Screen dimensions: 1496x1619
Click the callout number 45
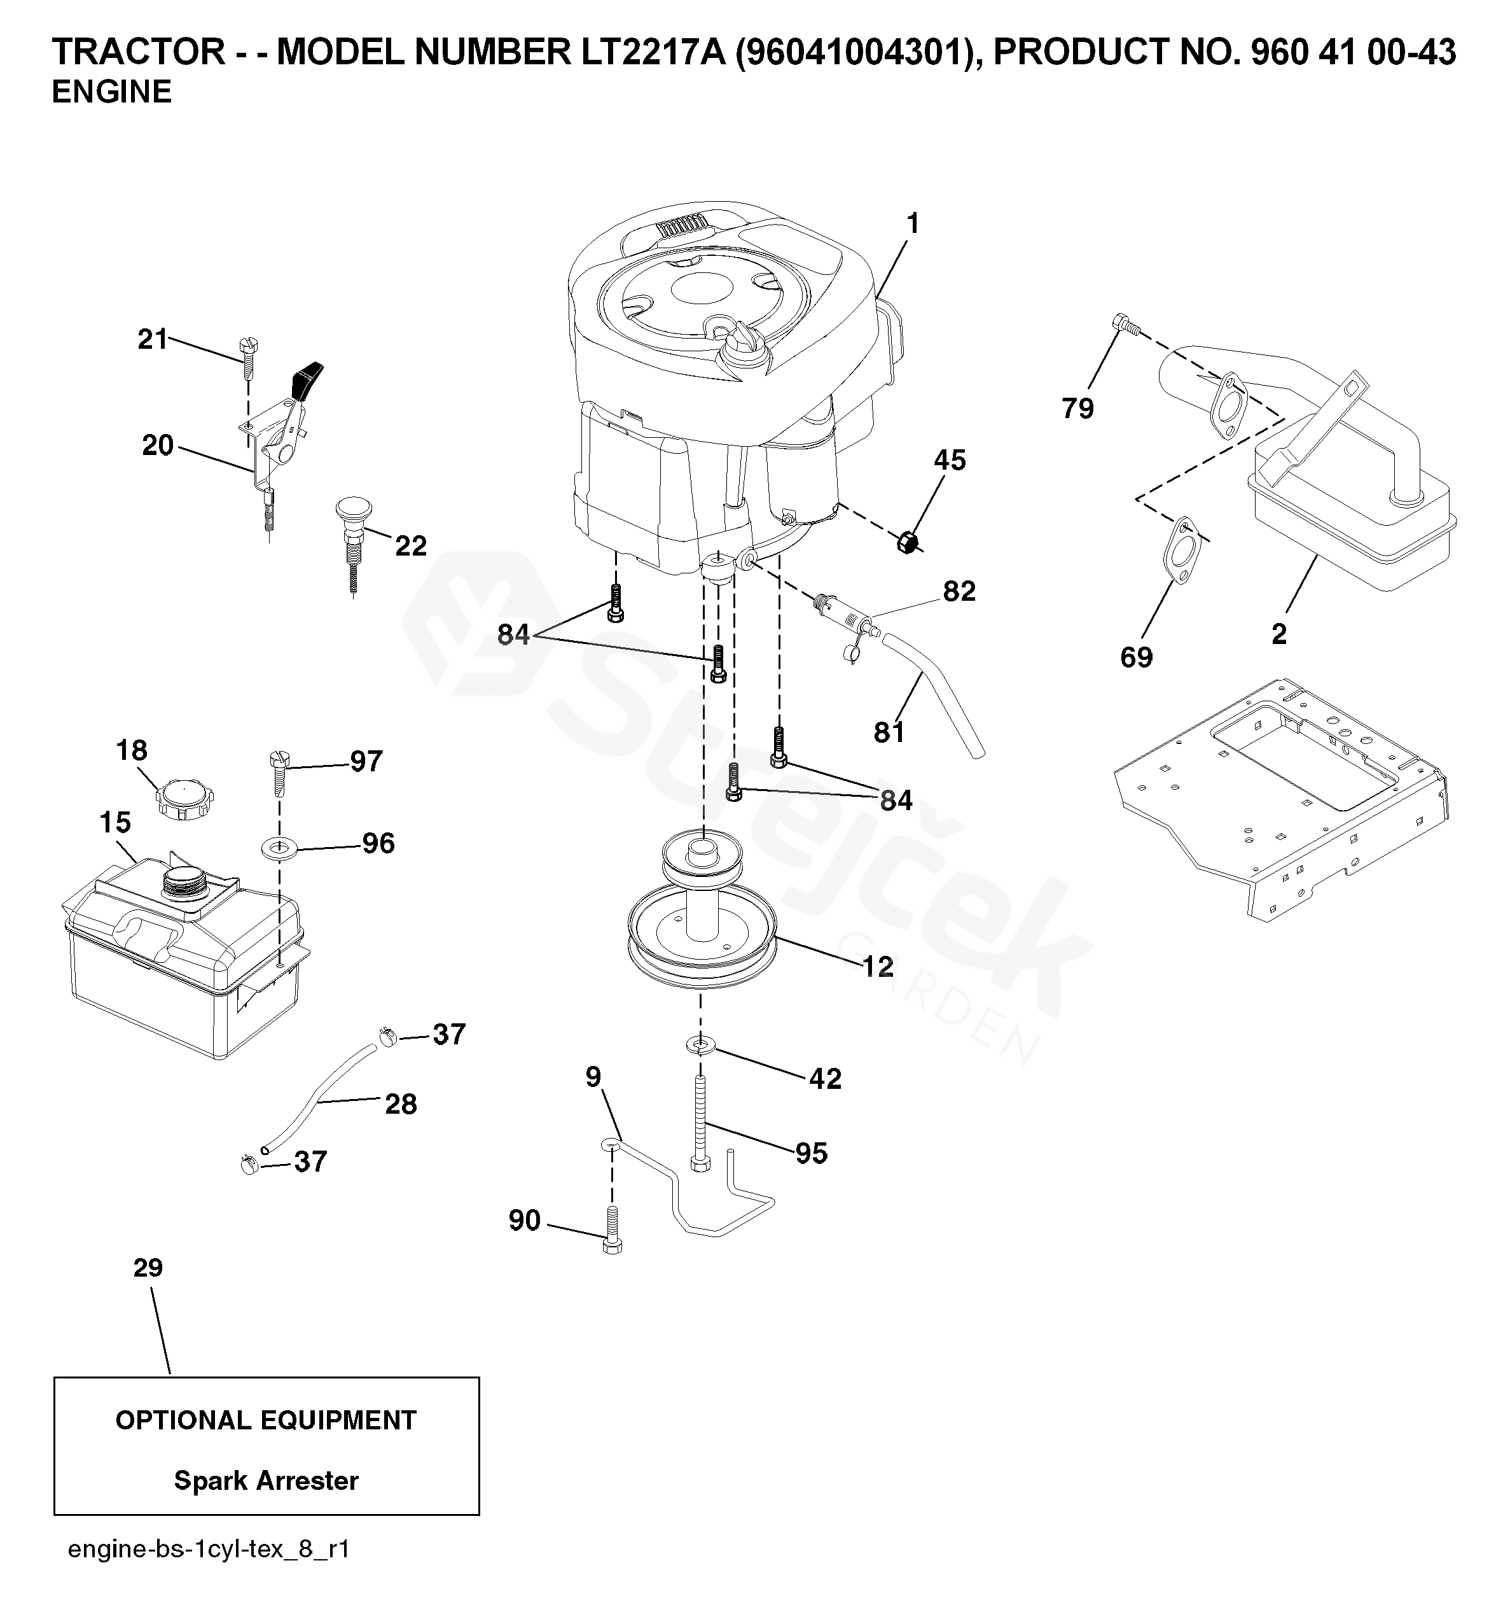(x=950, y=460)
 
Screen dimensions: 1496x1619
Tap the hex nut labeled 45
(x=908, y=542)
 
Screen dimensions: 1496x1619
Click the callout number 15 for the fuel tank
(x=115, y=822)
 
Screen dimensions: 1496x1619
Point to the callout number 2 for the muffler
(x=1279, y=633)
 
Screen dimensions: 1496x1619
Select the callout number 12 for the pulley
(x=878, y=966)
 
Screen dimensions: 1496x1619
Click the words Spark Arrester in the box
(x=267, y=1480)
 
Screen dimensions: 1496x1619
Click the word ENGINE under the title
(x=112, y=92)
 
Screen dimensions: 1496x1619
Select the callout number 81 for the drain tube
(x=889, y=732)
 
